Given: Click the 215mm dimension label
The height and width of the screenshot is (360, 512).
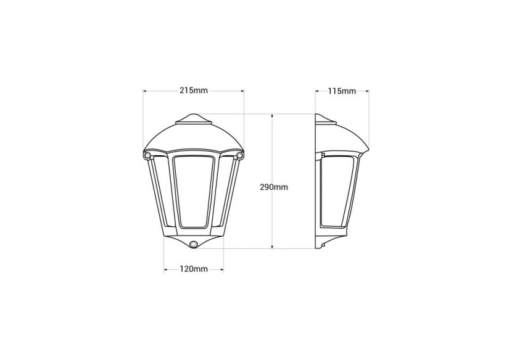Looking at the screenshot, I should (x=193, y=91).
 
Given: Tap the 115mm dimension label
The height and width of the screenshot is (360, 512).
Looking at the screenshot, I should (x=342, y=91).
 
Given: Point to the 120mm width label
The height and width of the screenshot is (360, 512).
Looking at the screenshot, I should (x=193, y=269).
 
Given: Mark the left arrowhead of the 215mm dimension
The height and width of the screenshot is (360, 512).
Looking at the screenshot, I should (x=146, y=91).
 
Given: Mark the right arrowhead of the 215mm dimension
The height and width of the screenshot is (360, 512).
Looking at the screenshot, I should (x=242, y=91).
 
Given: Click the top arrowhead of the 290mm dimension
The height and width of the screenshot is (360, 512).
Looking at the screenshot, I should (x=273, y=117).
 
